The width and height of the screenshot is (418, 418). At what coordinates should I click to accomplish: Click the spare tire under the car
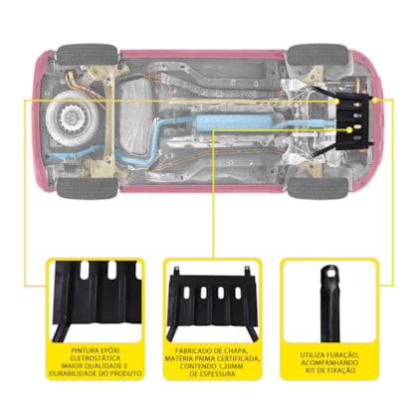pos(72,118)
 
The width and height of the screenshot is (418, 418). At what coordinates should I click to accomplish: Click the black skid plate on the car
pos(353,121)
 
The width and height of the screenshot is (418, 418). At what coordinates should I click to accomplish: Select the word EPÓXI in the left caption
pos(109,350)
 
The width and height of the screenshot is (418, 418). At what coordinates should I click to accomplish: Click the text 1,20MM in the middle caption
pos(229,366)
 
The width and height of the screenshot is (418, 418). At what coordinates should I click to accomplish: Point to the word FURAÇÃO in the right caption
pos(343,355)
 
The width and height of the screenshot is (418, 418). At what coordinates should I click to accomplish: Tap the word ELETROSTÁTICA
pos(96,358)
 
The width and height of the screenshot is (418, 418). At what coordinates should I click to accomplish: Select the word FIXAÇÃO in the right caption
pos(340,370)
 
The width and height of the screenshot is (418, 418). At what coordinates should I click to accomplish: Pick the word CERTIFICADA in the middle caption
pos(238,358)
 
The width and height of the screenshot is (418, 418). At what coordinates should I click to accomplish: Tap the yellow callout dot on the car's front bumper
pos(375,100)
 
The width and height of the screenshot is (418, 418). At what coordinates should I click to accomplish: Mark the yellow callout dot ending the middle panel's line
pos(349,130)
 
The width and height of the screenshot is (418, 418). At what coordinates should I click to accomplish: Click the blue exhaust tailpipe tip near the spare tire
pos(51,156)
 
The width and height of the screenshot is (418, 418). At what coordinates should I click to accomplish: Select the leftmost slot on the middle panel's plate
pos(187,292)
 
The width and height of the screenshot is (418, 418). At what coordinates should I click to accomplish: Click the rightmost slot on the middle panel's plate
pos(238,292)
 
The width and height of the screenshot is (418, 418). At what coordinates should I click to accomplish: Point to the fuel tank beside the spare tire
pos(135,116)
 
